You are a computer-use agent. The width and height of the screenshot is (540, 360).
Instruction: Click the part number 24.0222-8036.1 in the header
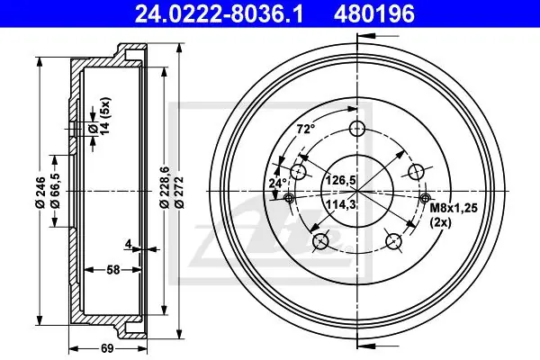coord(219,14)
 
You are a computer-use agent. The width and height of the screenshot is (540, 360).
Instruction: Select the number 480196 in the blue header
coord(373,14)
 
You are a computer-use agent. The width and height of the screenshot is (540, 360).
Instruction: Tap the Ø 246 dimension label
coord(40,192)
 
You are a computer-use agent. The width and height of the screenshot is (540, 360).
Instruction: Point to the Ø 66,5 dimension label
coord(55,191)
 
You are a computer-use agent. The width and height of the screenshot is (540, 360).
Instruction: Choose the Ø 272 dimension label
coord(180,192)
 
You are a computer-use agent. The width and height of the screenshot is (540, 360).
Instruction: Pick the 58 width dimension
coord(113,270)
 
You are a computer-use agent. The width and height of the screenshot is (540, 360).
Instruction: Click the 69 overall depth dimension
coord(107,348)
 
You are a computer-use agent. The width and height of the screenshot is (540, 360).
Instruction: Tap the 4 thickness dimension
coord(128,244)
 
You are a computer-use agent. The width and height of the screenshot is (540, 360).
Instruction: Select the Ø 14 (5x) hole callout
coord(99,116)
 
